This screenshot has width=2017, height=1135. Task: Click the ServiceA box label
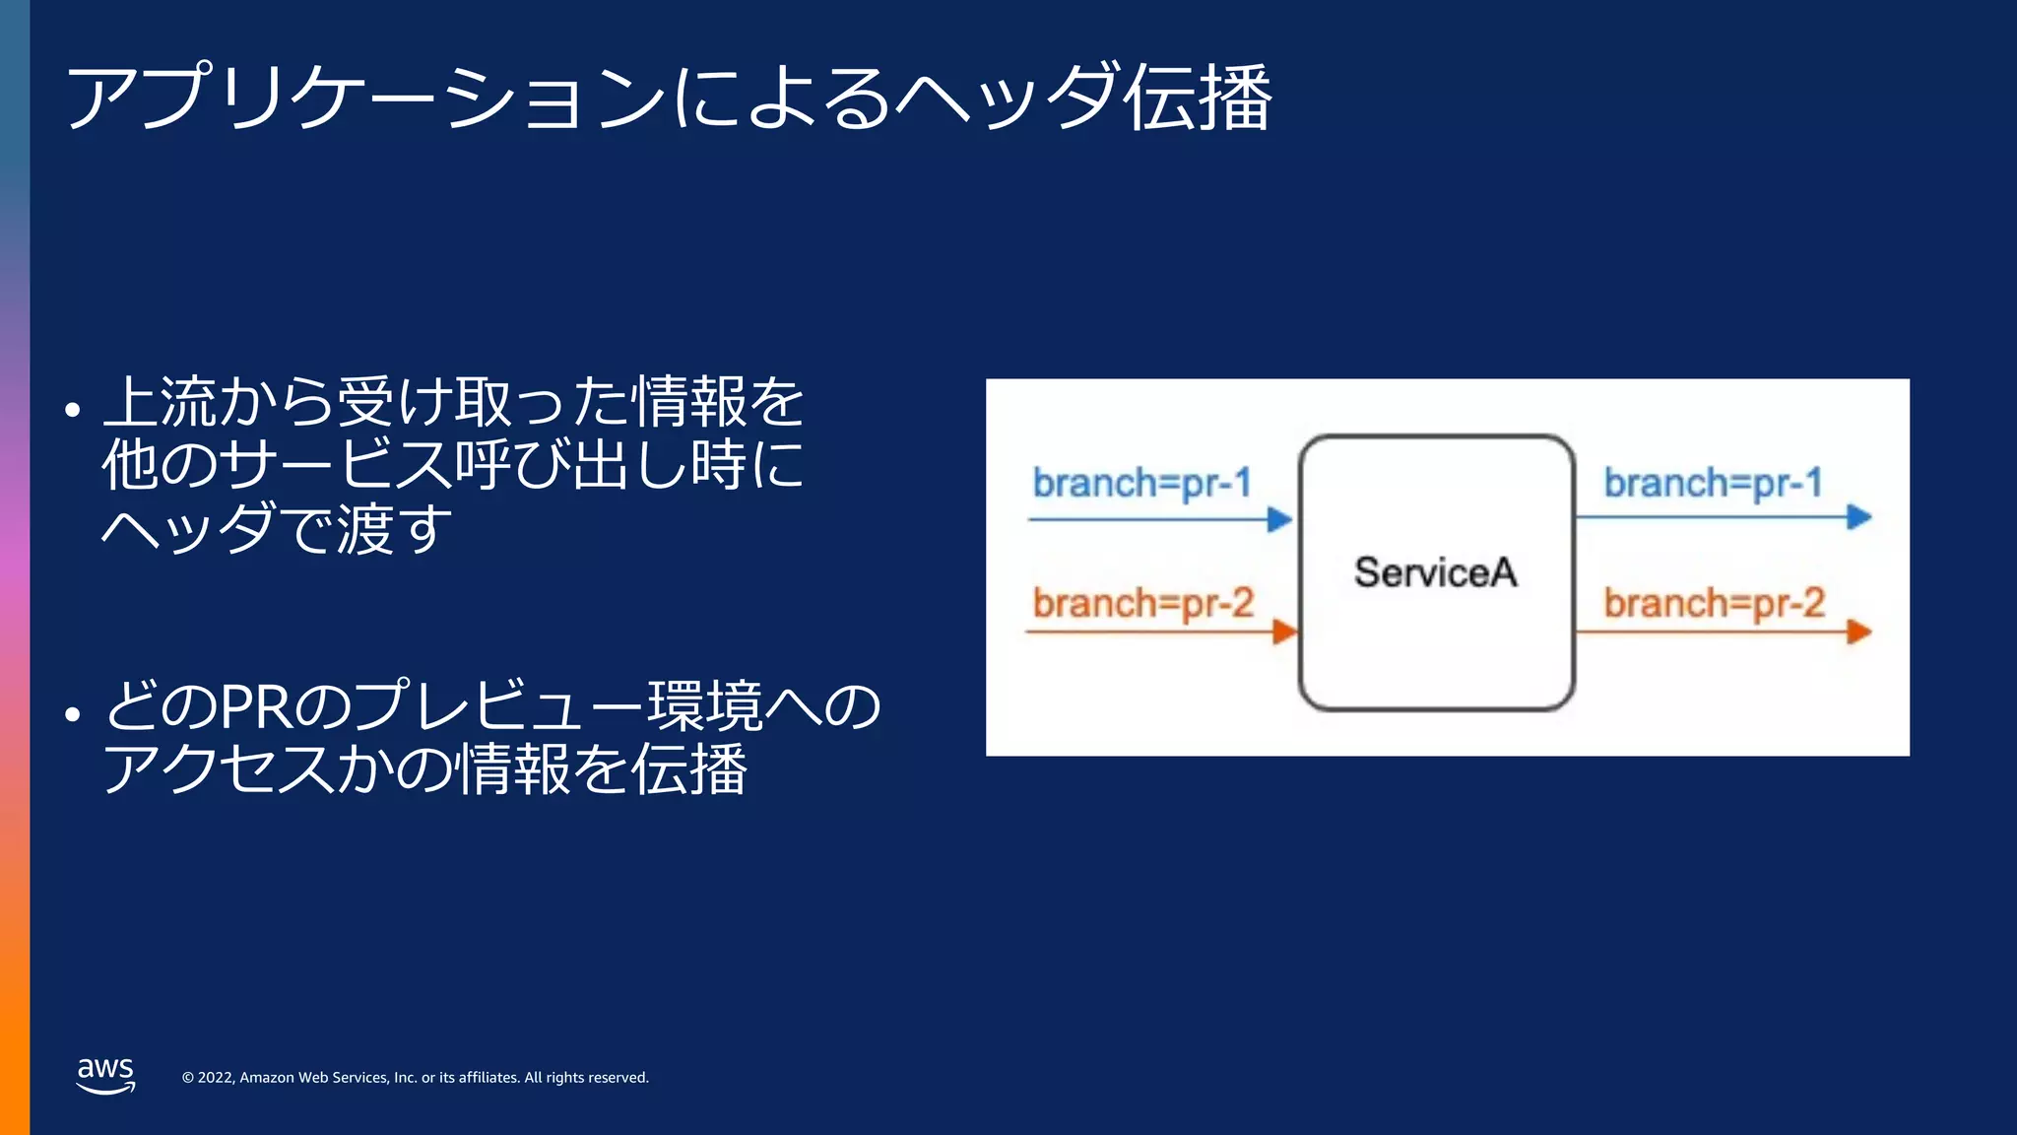click(1435, 572)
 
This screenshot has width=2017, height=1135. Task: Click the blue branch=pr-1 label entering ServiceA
click(1141, 484)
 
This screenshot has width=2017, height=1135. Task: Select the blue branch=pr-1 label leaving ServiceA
click(1713, 484)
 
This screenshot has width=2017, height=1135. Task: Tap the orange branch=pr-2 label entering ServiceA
click(1142, 603)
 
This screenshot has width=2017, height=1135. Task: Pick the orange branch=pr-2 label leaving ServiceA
click(1714, 603)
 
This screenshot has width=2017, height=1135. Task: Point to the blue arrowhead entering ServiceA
click(1279, 519)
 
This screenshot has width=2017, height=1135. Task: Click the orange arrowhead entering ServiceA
click(1284, 632)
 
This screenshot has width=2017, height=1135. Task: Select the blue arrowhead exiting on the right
click(1858, 517)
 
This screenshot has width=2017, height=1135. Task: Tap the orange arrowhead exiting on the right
click(1858, 632)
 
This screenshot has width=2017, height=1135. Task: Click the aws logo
click(105, 1075)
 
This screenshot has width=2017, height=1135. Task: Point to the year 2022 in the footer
click(216, 1078)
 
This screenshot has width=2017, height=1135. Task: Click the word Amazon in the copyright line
click(267, 1078)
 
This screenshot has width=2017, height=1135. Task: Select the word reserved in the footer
click(618, 1078)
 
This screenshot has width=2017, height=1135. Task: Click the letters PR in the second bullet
click(256, 706)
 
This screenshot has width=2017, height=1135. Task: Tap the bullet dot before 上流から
click(72, 409)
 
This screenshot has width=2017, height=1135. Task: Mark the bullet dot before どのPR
click(72, 713)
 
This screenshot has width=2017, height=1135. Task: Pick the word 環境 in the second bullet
click(705, 706)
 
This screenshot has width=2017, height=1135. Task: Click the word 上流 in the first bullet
click(160, 402)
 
